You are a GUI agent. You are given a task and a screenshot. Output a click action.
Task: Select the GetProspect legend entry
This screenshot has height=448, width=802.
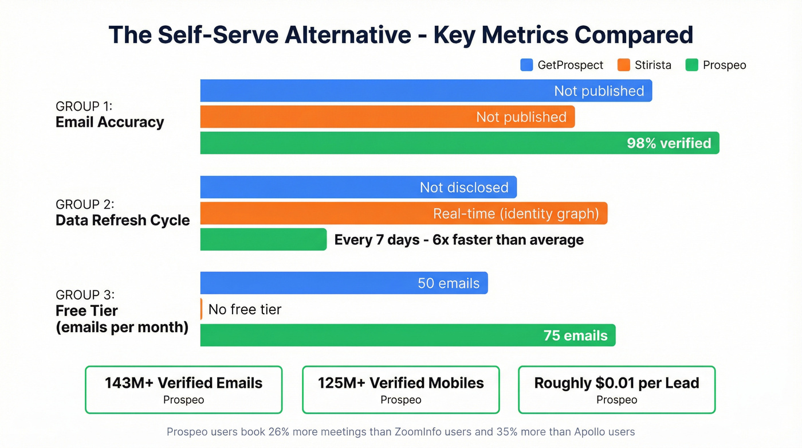pyautogui.click(x=561, y=65)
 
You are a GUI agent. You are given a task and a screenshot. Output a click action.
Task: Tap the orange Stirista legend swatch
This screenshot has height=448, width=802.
pyautogui.click(x=623, y=65)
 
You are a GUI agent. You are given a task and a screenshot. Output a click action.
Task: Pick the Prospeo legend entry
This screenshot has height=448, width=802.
pyautogui.click(x=715, y=65)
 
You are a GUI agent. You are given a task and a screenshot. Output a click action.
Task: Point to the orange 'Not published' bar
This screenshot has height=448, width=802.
pyautogui.click(x=387, y=117)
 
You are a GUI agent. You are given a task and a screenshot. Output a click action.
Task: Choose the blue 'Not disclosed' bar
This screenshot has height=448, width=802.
pyautogui.click(x=358, y=188)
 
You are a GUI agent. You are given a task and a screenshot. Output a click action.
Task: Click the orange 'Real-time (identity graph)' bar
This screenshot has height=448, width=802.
pyautogui.click(x=403, y=213)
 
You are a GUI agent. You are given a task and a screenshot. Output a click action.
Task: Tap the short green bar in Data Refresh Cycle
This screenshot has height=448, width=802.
pyautogui.click(x=263, y=239)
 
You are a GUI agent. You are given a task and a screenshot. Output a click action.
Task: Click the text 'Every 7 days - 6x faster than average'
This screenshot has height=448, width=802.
pyautogui.click(x=459, y=240)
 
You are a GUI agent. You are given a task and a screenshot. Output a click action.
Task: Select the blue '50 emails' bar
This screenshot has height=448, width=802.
pyautogui.click(x=344, y=283)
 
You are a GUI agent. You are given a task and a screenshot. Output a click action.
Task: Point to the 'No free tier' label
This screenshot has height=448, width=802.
pyautogui.click(x=245, y=310)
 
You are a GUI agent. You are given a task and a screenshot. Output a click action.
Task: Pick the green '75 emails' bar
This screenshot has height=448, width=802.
pyautogui.click(x=407, y=335)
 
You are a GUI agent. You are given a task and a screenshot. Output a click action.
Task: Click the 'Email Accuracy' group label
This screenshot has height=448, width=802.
pyautogui.click(x=109, y=122)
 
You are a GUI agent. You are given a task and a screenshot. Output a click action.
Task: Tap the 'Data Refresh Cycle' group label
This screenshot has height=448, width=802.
pyautogui.click(x=122, y=220)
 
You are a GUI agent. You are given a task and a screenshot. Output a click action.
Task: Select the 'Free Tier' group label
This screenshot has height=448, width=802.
pyautogui.click(x=87, y=311)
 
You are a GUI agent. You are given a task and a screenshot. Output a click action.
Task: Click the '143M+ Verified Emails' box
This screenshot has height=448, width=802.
pyautogui.click(x=183, y=390)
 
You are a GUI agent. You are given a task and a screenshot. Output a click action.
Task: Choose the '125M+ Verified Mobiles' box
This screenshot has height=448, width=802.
pyautogui.click(x=400, y=390)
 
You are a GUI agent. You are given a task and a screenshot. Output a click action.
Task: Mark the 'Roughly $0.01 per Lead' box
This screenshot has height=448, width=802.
pyautogui.click(x=616, y=390)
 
